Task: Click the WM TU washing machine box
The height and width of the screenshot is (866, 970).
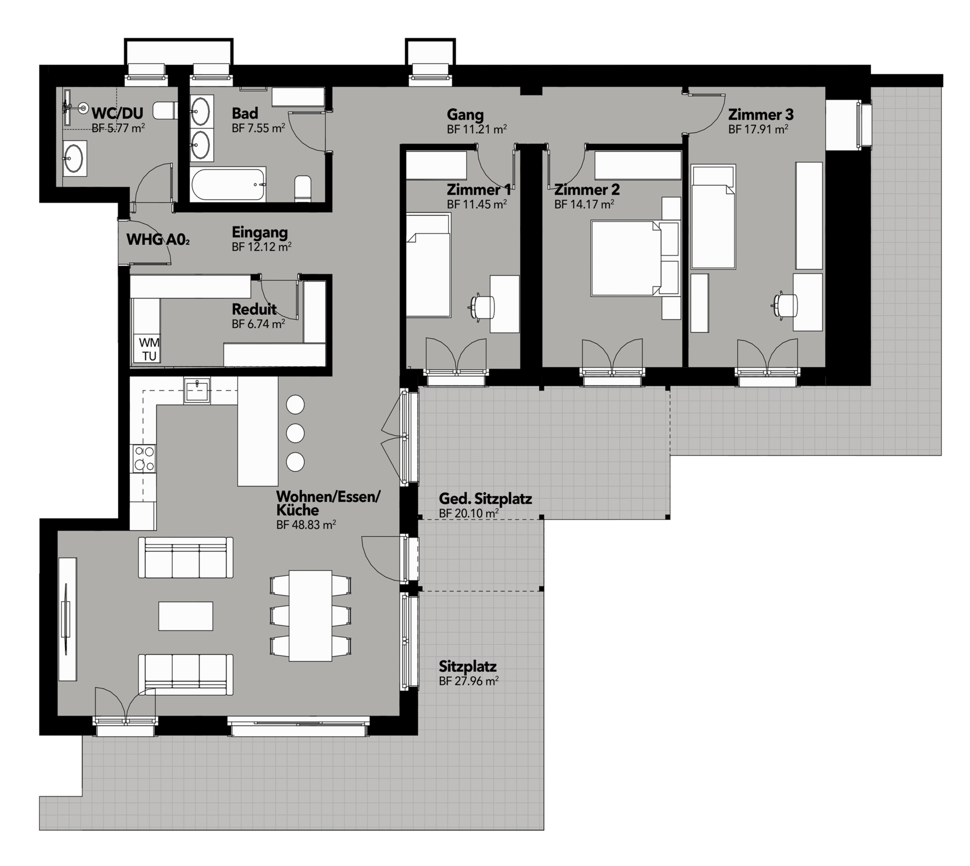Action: pyautogui.click(x=147, y=348)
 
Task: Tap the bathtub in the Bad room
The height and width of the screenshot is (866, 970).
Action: pyautogui.click(x=228, y=185)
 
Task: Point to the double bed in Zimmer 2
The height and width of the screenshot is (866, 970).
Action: pyautogui.click(x=625, y=258)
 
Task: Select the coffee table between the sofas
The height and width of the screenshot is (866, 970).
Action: pyautogui.click(x=186, y=616)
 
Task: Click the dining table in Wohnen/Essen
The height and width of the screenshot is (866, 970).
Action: pyautogui.click(x=310, y=616)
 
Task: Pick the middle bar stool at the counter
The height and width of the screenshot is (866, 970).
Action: pyautogui.click(x=295, y=433)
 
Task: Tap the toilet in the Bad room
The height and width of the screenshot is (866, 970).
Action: pyautogui.click(x=303, y=188)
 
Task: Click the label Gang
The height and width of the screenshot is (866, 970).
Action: pyautogui.click(x=465, y=115)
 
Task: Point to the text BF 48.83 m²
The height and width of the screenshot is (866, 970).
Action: pyautogui.click(x=306, y=524)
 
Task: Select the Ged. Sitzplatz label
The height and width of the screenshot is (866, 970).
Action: pyautogui.click(x=485, y=499)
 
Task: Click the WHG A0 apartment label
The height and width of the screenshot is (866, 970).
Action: pyautogui.click(x=158, y=239)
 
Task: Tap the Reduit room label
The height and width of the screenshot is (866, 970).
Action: pyautogui.click(x=254, y=308)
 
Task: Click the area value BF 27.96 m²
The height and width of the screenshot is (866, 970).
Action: pyautogui.click(x=469, y=681)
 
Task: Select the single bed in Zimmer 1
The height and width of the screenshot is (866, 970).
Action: pyautogui.click(x=428, y=265)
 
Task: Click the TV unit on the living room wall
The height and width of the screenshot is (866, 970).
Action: pyautogui.click(x=67, y=619)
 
